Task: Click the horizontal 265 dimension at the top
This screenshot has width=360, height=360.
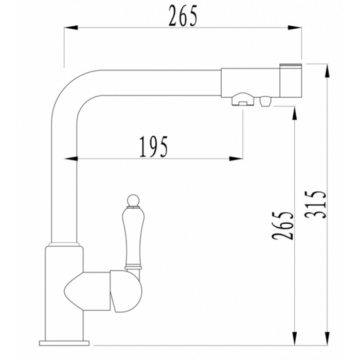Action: tap(183, 17)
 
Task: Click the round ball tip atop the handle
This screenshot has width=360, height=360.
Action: tap(133, 199)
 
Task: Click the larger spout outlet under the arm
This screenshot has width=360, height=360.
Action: tap(241, 100)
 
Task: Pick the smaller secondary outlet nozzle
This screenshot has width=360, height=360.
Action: tap(265, 101)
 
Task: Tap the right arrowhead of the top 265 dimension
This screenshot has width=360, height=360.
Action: tap(297, 29)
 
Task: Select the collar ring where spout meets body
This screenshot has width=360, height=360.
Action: tap(65, 244)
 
